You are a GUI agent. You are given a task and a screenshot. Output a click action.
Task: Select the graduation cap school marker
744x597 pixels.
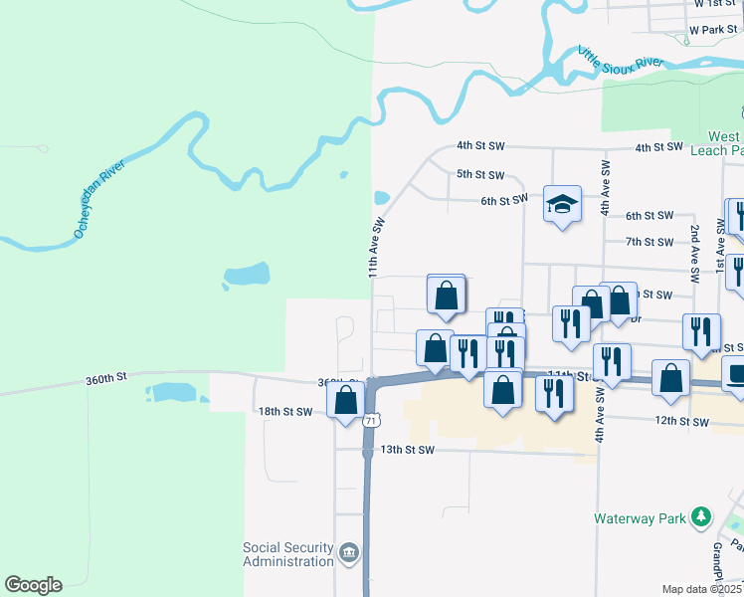point(562,204)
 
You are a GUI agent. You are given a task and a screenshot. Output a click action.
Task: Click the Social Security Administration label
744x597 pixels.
point(288,554)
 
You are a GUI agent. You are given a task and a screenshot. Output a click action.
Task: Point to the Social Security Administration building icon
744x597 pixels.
point(348,553)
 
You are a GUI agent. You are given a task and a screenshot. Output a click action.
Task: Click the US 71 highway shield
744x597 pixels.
point(370,421)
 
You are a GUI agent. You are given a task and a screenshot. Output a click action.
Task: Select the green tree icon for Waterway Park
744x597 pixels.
point(702,516)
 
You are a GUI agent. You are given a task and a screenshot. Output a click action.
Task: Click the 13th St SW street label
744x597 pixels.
point(409,450)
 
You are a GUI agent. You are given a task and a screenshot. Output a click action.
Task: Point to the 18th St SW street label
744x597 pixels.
point(285,411)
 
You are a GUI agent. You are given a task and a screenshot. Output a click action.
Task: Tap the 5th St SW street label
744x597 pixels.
point(478,174)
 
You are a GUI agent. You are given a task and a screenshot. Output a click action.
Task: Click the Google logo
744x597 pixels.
point(33,585)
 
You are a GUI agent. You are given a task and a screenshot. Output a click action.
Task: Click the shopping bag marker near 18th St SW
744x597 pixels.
point(346,400)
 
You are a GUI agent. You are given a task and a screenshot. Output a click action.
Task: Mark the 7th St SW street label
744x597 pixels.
point(651,242)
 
